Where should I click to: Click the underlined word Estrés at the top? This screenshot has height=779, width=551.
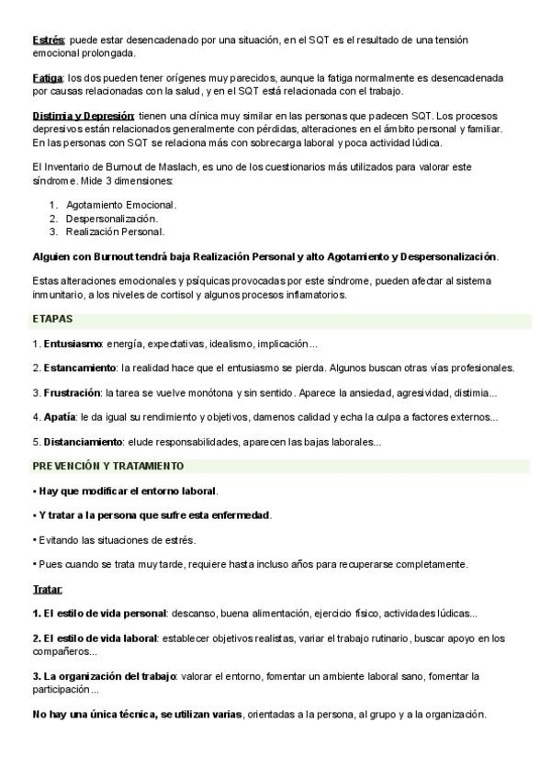coord(48,40)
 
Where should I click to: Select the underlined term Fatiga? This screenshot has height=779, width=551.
coord(47,78)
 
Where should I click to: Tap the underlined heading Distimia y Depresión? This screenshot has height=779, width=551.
coord(84,116)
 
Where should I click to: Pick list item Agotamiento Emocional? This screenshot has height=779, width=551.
coord(120,205)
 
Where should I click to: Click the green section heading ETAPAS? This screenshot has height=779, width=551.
coord(52,319)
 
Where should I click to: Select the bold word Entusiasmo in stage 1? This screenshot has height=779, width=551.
coord(72,344)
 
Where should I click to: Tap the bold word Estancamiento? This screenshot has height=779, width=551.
coord(81,367)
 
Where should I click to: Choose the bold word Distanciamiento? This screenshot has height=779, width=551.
coord(85,442)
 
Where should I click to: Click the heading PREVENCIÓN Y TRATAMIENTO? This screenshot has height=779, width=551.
coord(108,466)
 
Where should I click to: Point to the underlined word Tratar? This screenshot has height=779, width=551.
coord(47,588)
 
